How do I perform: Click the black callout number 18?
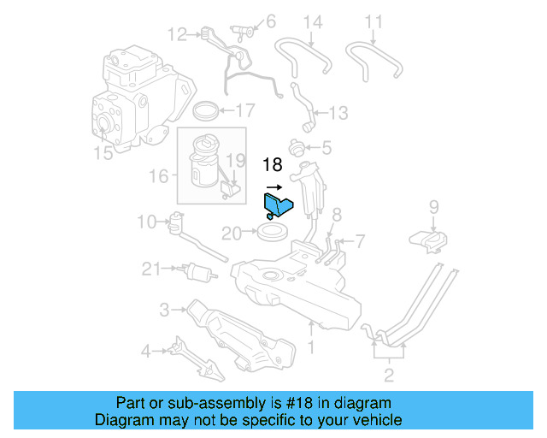point(272,166)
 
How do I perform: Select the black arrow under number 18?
point(273,185)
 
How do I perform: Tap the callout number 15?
point(103,154)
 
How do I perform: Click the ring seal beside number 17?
point(205,110)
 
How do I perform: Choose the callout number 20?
point(232,233)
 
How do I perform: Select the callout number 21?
point(151,269)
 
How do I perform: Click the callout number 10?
point(145,222)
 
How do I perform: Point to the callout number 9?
point(433,206)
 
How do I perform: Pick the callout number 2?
point(388,374)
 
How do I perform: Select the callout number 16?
point(158,176)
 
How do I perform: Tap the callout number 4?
point(146,350)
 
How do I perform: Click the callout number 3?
point(163,308)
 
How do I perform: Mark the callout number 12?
point(177,35)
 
